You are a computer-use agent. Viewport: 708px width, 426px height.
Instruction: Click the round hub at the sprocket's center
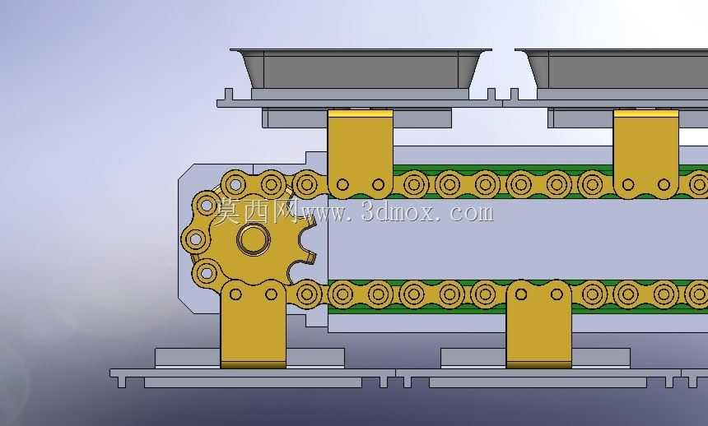(254, 239)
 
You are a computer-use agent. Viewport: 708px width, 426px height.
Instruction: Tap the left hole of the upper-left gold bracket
(342, 184)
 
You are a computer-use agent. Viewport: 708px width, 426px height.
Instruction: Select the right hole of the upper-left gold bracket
(379, 184)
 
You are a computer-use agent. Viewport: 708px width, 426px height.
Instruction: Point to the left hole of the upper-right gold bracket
(628, 184)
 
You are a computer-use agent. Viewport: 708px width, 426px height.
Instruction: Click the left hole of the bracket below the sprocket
(235, 294)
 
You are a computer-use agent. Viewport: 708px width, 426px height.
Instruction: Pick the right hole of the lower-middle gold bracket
(557, 294)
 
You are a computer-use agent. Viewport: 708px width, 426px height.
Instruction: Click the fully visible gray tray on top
(361, 68)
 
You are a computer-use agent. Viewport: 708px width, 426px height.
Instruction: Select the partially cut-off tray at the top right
(612, 68)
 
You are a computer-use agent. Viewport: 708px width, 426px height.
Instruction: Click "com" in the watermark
(472, 211)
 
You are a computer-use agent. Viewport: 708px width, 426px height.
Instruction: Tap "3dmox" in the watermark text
(400, 211)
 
